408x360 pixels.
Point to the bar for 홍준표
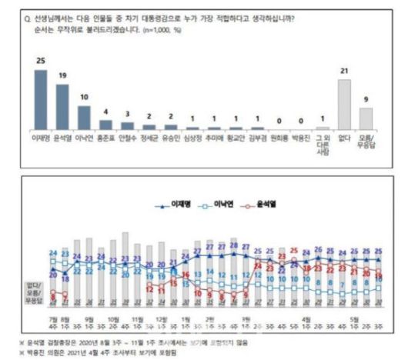(x=106, y=124)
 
